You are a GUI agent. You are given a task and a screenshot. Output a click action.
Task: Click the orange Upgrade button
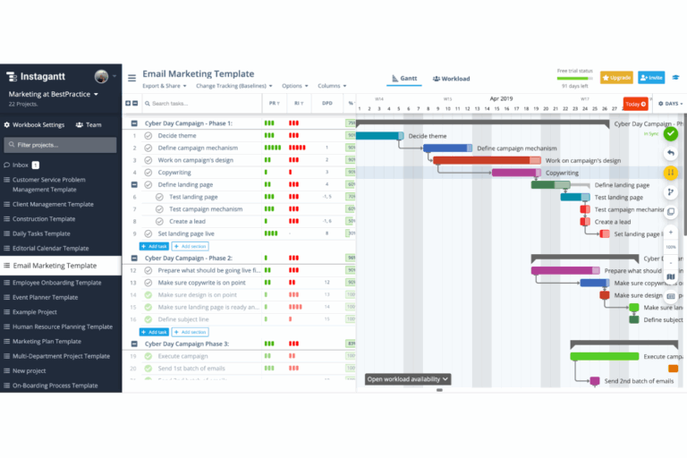(x=616, y=78)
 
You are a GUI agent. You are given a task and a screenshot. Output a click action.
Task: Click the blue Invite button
(x=650, y=78)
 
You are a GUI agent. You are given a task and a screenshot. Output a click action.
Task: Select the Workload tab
(x=451, y=79)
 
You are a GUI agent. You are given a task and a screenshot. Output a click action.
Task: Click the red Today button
(x=634, y=104)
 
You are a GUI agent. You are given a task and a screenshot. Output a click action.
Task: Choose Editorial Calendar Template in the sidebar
(x=50, y=248)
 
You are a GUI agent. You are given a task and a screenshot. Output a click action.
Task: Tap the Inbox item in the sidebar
(x=21, y=165)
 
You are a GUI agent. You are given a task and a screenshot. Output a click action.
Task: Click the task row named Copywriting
(x=174, y=172)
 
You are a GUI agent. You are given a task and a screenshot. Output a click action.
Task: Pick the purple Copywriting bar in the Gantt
(x=515, y=173)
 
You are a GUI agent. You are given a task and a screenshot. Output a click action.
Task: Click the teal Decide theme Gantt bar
(x=379, y=136)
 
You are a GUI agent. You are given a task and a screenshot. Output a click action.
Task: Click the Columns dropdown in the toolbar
(x=331, y=86)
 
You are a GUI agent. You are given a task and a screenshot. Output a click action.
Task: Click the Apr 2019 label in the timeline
(x=501, y=98)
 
